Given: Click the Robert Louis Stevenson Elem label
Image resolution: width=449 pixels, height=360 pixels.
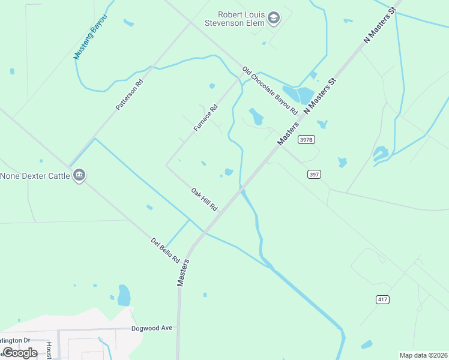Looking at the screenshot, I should point(242,19).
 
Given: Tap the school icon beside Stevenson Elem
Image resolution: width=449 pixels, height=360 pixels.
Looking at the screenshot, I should point(274,18).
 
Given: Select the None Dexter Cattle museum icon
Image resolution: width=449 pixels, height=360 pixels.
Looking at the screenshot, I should point(79,175).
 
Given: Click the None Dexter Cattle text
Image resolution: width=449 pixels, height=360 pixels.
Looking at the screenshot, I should point(35,176).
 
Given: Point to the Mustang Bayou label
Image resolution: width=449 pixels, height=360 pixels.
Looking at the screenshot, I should point(85,37).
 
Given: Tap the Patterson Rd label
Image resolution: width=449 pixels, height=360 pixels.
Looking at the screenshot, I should point(130,95).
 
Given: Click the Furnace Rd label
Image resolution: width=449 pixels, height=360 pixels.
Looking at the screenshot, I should point(205,118).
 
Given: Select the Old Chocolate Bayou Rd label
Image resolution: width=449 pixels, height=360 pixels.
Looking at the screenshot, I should point(270,91).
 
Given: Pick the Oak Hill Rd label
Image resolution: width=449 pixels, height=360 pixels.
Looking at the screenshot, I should point(204,199).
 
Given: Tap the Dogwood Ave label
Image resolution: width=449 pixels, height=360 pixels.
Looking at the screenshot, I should point(152,328).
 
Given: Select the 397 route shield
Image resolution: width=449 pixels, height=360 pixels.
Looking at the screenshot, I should point(314,174).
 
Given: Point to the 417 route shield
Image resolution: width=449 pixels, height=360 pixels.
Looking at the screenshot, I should point(383,299).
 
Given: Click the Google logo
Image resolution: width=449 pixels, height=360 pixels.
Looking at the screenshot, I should point(20,352).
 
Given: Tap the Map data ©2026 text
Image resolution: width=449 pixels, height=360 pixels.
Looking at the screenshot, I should point(423,355).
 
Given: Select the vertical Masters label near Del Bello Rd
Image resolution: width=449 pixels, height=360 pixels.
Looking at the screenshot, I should point(184,272).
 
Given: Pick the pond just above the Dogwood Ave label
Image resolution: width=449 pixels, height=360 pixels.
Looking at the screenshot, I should point(124,296).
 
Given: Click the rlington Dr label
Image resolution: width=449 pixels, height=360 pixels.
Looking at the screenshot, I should point(16,340).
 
